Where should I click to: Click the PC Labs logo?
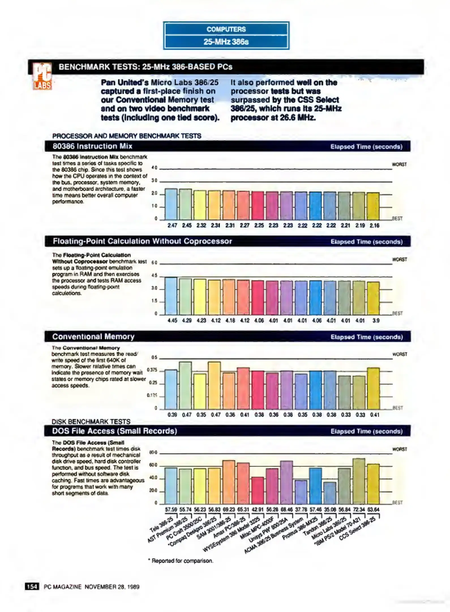(42, 76)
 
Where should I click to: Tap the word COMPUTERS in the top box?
(226, 29)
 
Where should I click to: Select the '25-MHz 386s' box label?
(226, 42)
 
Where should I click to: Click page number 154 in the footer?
(32, 586)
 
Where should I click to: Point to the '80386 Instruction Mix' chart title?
(92, 146)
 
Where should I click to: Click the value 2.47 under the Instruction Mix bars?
(172, 226)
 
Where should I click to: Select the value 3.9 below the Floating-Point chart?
(376, 320)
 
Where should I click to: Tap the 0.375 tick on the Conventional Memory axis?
(152, 370)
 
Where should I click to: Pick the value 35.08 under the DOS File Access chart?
(330, 509)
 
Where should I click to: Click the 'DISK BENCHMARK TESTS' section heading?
(91, 422)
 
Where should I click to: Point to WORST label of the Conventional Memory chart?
(400, 354)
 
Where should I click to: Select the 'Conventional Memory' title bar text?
(93, 337)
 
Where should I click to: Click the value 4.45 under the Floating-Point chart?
(172, 320)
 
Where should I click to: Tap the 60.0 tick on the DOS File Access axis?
(153, 465)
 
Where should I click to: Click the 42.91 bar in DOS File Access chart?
(258, 490)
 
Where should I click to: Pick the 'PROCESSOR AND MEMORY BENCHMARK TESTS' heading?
(127, 136)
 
